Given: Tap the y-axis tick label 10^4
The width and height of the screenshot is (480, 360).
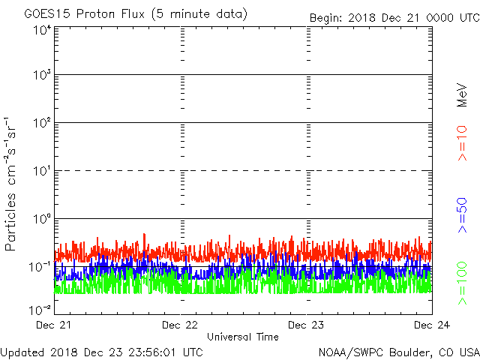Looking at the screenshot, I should (x=42, y=31).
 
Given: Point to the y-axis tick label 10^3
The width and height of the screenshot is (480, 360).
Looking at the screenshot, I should (x=42, y=76).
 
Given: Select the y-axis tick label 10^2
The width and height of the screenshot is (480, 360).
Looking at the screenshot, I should (x=42, y=123).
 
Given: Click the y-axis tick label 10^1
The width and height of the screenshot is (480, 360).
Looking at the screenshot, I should (x=42, y=171).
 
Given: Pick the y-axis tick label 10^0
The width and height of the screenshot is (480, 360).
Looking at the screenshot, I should (x=42, y=219).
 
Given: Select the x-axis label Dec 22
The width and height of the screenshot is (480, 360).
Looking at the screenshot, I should (x=181, y=325).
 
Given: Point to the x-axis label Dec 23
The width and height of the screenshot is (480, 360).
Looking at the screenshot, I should (x=307, y=325).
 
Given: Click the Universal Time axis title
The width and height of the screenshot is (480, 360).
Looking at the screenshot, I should (x=243, y=337).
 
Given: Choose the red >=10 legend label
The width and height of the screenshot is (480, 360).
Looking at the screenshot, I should (x=463, y=142).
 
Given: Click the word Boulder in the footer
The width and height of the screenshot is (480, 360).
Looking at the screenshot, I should (x=412, y=351).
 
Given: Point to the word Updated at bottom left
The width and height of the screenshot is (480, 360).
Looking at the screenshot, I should (x=22, y=351).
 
